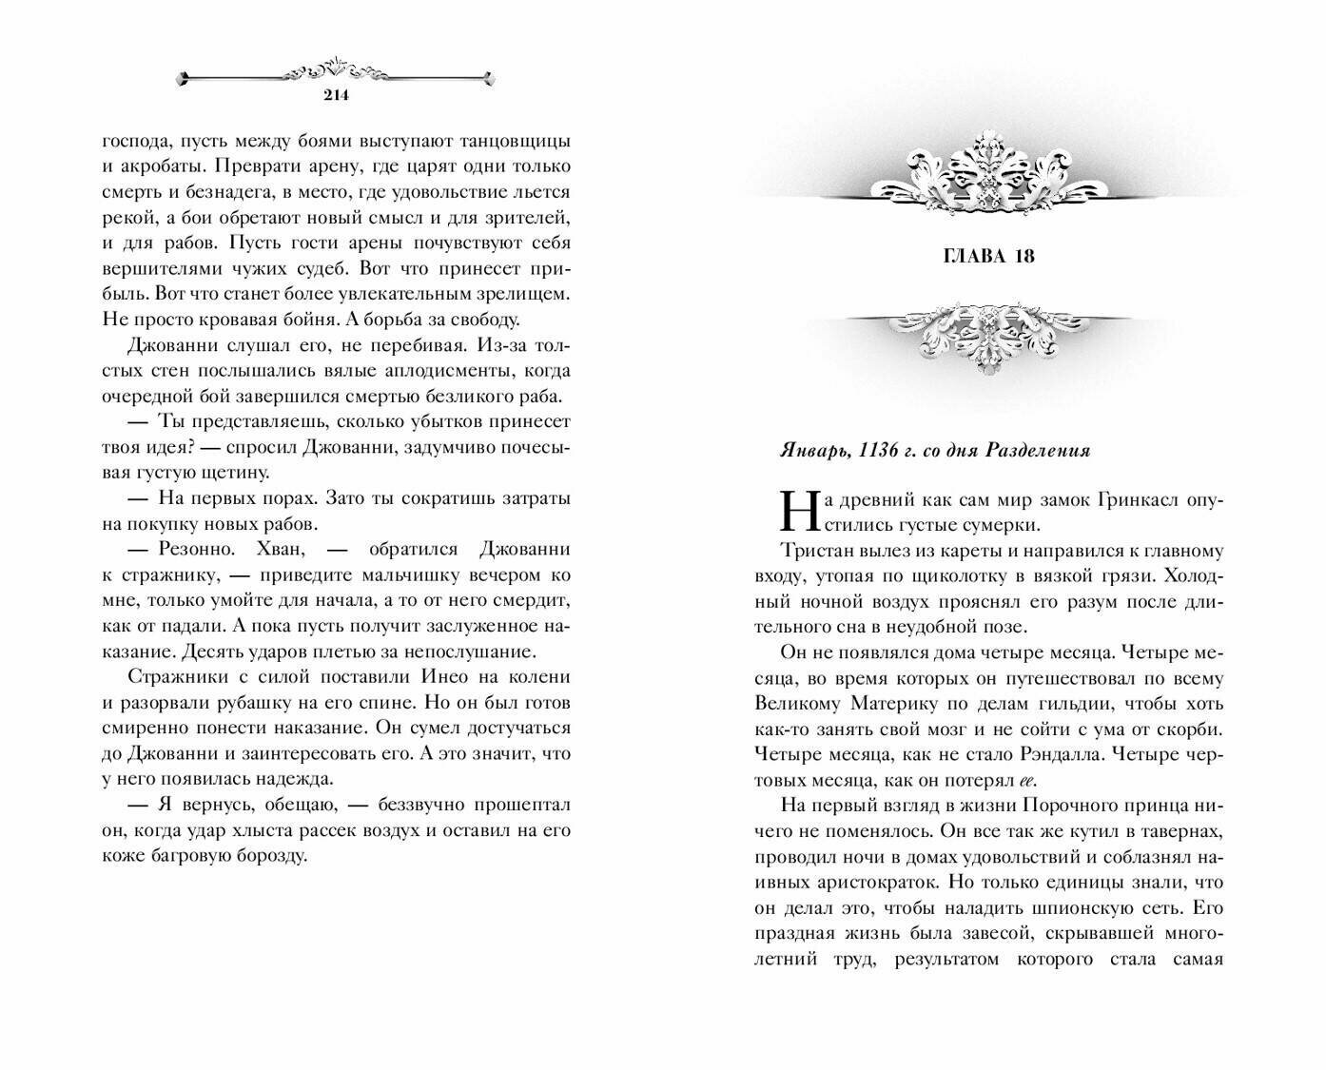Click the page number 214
point(337,94)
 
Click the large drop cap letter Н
point(795,511)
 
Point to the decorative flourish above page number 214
point(337,72)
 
